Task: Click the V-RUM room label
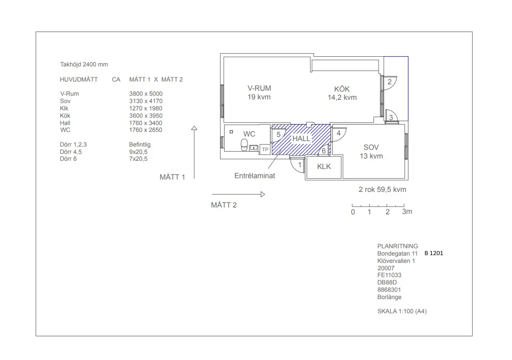259,88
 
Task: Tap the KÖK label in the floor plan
342,89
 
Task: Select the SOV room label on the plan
371,147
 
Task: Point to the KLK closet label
324,166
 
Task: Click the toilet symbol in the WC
244,145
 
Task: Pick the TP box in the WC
265,149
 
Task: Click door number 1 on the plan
299,165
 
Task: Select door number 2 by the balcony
390,82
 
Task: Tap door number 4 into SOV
339,133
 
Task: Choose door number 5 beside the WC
279,135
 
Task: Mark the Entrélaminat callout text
255,175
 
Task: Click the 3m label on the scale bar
407,212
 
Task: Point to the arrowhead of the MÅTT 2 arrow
263,195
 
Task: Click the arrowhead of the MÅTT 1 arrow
194,128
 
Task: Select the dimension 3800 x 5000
146,94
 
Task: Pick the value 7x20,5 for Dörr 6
138,159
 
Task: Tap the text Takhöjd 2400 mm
84,64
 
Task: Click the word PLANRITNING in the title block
397,246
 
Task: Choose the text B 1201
434,253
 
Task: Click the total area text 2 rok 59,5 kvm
382,190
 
